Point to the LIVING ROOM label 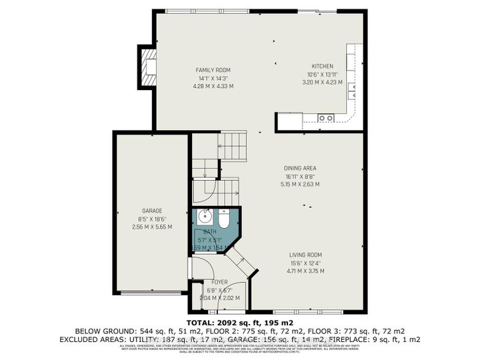305,255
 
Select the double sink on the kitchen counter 325,118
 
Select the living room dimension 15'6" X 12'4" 305,263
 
